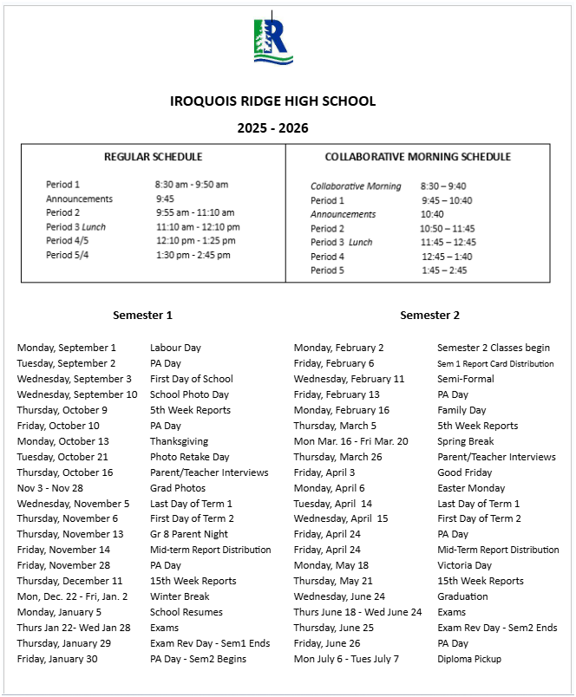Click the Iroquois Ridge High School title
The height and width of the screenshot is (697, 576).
pyautogui.click(x=273, y=101)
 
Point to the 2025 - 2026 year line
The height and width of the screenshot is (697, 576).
pyautogui.click(x=272, y=128)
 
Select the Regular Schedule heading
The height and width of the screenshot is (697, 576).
pyautogui.click(x=153, y=157)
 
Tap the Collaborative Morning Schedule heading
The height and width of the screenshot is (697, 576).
pyautogui.click(x=417, y=157)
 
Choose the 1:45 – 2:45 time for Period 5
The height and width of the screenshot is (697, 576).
pyautogui.click(x=444, y=270)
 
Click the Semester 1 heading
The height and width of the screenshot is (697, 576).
pyautogui.click(x=142, y=316)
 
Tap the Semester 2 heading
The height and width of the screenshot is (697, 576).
pyautogui.click(x=429, y=316)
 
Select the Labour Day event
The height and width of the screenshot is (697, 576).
pyautogui.click(x=175, y=348)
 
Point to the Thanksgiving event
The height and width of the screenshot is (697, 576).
pyautogui.click(x=179, y=441)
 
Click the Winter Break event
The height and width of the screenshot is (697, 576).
pyautogui.click(x=180, y=596)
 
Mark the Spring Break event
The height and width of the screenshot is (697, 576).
pyautogui.click(x=465, y=441)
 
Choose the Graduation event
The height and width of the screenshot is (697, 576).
pyautogui.click(x=463, y=596)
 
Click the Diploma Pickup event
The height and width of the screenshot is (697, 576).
pyautogui.click(x=468, y=659)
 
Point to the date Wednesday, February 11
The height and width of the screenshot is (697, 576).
pyautogui.click(x=349, y=379)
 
